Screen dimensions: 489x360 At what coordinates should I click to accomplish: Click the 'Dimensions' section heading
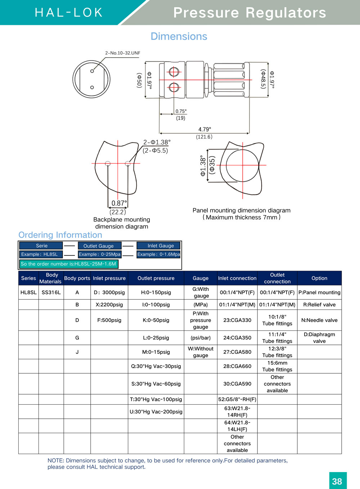click(179, 36)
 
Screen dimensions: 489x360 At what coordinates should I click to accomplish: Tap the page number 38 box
click(337, 481)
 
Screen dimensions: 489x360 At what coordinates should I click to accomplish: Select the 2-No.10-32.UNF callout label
click(122, 53)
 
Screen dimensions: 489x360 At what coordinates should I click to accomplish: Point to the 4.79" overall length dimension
click(204, 129)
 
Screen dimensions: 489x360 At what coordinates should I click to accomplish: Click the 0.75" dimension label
click(181, 111)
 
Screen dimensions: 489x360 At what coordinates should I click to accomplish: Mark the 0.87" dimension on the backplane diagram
click(119, 203)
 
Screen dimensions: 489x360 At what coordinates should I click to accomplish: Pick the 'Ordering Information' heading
click(60, 235)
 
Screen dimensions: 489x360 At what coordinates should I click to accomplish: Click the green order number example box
click(68, 264)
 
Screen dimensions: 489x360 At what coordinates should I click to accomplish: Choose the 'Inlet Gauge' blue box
click(161, 246)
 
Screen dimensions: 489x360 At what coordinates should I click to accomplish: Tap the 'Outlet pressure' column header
click(156, 278)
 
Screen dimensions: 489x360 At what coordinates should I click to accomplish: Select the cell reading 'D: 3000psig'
click(109, 292)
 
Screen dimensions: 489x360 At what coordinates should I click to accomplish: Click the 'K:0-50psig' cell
click(156, 320)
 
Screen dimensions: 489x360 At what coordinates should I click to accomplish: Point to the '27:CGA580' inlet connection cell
click(237, 352)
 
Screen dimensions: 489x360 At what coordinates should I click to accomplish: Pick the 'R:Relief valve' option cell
click(319, 304)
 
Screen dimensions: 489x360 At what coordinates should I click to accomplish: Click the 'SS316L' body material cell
click(51, 292)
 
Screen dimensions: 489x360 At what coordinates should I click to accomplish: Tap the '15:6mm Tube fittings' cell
click(277, 366)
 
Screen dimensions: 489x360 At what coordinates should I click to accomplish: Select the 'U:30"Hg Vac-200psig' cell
click(156, 412)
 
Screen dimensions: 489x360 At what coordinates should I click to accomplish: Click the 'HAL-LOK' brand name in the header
click(69, 13)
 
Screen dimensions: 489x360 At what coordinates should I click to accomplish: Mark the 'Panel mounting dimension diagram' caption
click(241, 210)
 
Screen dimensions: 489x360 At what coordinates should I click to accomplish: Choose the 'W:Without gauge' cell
click(201, 352)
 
